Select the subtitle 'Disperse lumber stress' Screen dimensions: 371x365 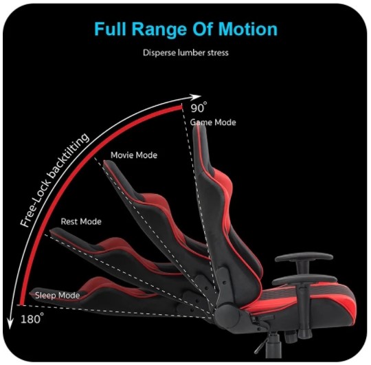185,52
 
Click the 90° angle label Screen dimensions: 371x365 199,107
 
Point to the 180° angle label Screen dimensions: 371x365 32,318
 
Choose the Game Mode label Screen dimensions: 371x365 213,122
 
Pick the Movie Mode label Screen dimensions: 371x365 134,155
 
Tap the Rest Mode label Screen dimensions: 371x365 81,221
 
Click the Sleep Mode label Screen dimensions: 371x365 58,295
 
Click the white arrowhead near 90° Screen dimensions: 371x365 196,97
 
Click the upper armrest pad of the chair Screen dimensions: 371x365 304,258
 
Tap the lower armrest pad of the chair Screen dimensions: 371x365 305,280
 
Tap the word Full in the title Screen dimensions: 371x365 110,29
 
